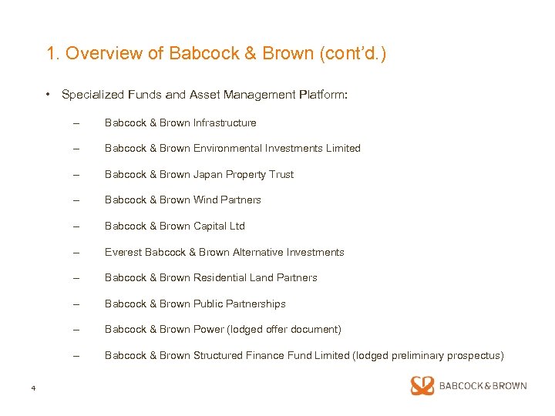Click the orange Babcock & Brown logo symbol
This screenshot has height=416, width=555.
click(x=422, y=386)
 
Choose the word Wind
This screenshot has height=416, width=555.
click(x=200, y=200)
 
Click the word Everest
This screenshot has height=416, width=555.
click(x=123, y=252)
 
